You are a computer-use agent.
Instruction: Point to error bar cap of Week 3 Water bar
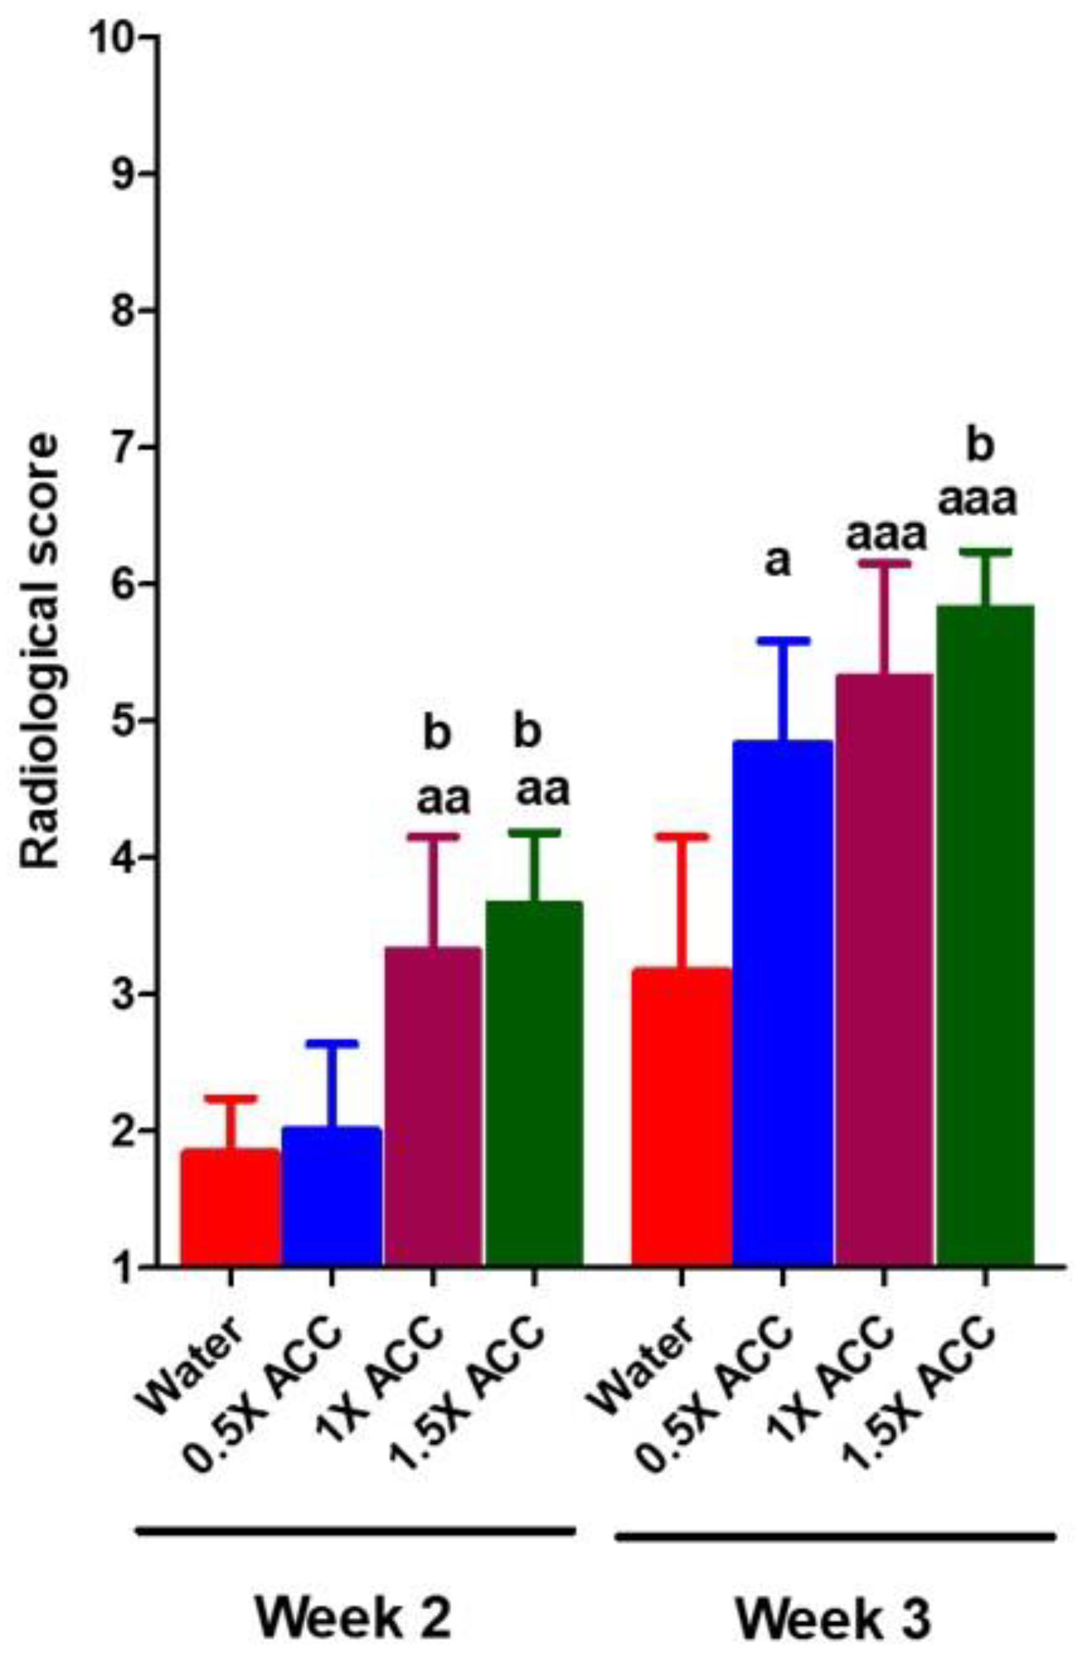coord(681,836)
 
